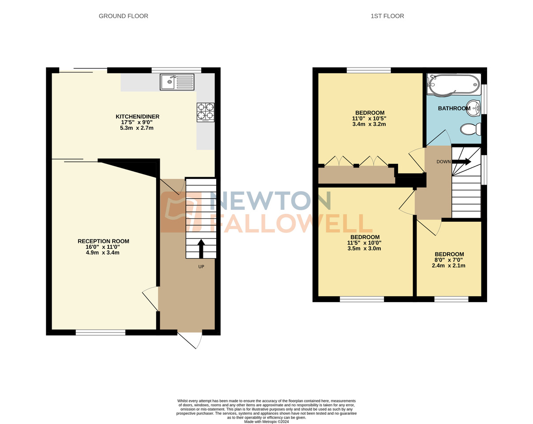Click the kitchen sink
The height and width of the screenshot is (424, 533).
[177, 82]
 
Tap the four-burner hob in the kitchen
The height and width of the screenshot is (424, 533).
[206, 112]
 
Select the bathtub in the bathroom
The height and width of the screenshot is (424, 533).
[453, 85]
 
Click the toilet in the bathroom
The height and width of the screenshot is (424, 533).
[470, 129]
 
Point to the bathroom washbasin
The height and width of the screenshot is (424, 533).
[473, 107]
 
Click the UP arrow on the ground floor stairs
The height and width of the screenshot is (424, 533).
[201, 249]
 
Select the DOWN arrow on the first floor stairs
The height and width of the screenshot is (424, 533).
[462, 162]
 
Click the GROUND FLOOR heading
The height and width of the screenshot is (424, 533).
[123, 16]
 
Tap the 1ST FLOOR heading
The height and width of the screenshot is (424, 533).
[387, 16]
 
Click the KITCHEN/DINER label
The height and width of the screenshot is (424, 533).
[137, 117]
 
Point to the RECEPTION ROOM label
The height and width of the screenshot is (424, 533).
[103, 241]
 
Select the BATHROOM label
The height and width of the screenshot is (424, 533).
[454, 109]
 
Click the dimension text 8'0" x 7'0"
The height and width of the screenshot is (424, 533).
[449, 260]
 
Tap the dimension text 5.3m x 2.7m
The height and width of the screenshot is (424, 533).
[136, 128]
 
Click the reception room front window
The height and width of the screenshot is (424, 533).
[101, 333]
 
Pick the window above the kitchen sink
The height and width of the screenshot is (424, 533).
[176, 70]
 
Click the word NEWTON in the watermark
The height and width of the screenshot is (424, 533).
[270, 201]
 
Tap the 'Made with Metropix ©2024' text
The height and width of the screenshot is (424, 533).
[266, 422]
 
